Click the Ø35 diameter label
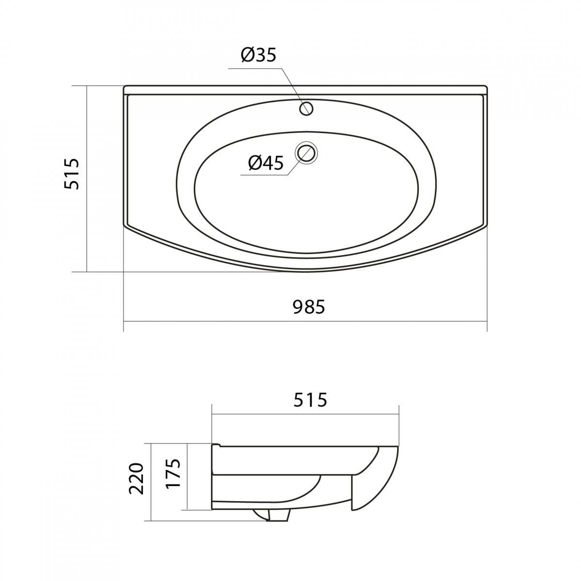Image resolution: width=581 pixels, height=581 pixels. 259,56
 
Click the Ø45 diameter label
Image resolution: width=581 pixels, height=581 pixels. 266,163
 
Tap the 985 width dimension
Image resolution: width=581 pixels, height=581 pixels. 309,307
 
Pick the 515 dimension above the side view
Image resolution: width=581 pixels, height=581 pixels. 310,400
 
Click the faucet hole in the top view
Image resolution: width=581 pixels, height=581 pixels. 306,108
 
